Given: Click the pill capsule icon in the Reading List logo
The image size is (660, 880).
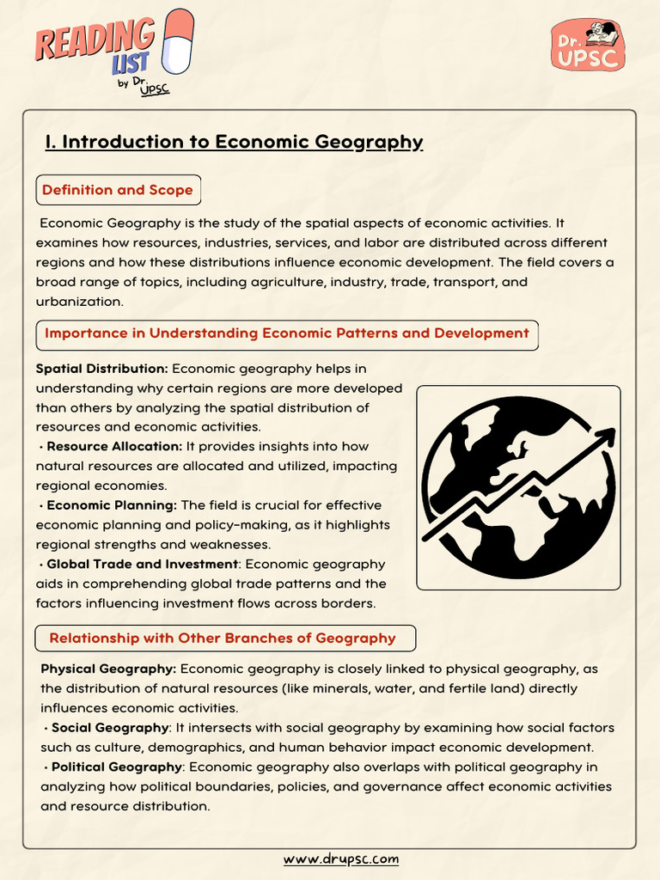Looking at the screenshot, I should coord(178,40).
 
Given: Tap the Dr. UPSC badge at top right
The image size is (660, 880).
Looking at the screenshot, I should coord(587,46).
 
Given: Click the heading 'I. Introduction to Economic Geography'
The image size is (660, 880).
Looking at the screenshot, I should coord(234,142).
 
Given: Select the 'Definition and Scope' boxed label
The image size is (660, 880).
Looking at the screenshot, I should coord(118,190).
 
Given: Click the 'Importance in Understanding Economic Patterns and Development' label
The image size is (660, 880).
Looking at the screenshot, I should coord(286,333).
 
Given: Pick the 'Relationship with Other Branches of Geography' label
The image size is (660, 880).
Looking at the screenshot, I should coord(223,638).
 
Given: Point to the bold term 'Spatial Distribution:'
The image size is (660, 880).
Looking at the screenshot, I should coord(101,369).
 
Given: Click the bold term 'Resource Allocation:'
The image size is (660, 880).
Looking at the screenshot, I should coord(114,447).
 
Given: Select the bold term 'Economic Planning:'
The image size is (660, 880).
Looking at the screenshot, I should coord(112,505).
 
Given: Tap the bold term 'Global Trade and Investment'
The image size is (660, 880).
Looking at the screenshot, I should coord(142,565).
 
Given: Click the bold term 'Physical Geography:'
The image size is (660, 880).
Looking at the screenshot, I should coord(108,669).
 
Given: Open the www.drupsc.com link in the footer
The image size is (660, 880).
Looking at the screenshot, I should coord(341,859).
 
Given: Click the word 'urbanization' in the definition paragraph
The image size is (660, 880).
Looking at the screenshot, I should coord(80,302).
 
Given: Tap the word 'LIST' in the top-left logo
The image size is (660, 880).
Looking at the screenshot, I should coord(129,62).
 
